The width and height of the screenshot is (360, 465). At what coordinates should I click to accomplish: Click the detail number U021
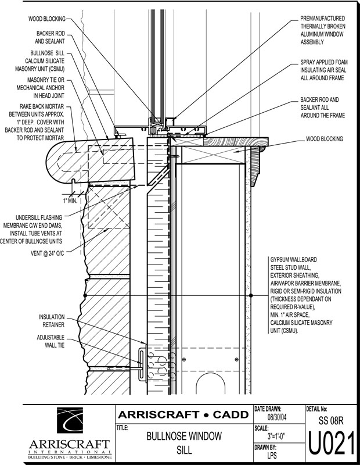click(332, 445)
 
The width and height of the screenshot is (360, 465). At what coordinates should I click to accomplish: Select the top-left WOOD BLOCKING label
click(48, 19)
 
